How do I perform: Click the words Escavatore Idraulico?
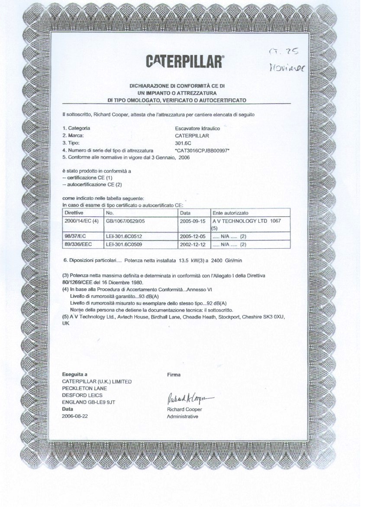click(197, 128)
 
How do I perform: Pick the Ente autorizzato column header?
click(230, 213)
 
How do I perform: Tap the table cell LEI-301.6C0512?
click(124, 237)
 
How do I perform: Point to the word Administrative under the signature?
click(182, 416)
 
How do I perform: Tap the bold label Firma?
click(174, 375)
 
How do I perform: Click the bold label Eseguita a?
click(75, 374)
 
